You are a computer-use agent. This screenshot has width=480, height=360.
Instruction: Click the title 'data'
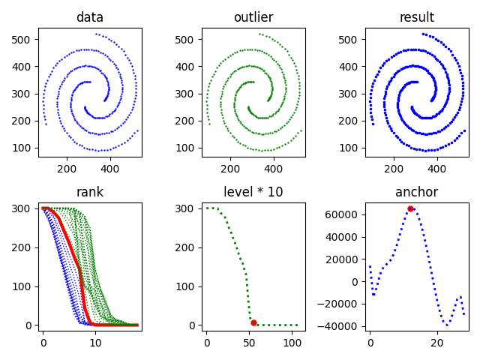[89, 17]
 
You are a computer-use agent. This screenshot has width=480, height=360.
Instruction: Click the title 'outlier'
[253, 17]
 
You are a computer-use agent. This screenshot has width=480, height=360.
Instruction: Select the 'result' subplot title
[416, 17]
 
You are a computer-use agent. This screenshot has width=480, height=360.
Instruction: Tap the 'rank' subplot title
[89, 192]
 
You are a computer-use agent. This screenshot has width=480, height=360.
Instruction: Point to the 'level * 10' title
[253, 192]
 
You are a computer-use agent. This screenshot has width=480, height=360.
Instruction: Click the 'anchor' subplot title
[416, 192]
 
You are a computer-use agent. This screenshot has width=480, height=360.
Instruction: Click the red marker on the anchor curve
[410, 208]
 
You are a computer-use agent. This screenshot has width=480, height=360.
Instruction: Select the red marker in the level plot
[253, 322]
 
